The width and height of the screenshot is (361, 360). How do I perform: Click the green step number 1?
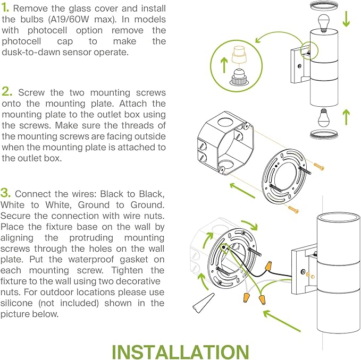tap(6, 9)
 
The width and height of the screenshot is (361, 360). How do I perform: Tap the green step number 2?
tap(6, 92)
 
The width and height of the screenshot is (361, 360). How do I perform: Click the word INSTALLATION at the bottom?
tap(180, 353)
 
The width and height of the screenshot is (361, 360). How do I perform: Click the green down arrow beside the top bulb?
tap(346, 18)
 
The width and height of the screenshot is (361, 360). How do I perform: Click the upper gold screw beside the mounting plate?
tap(318, 167)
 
